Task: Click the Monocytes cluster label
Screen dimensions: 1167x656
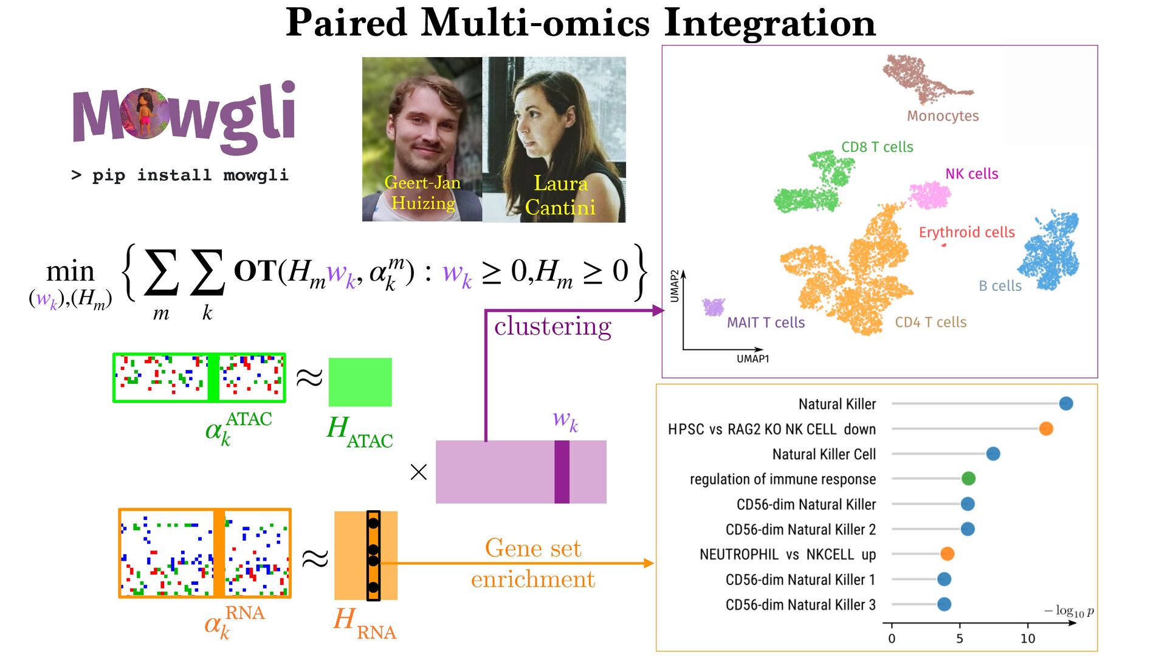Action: pyautogui.click(x=943, y=116)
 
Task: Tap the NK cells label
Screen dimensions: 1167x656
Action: pyautogui.click(x=971, y=174)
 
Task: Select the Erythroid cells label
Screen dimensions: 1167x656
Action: pyautogui.click(x=966, y=232)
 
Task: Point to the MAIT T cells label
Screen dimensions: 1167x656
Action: pyautogui.click(x=765, y=323)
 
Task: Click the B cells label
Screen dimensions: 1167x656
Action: pyautogui.click(x=1000, y=285)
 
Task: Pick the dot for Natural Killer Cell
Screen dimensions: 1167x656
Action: pyautogui.click(x=993, y=454)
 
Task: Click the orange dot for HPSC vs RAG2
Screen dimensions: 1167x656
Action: pyautogui.click(x=1045, y=429)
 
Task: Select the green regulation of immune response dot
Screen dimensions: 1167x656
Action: pyautogui.click(x=968, y=479)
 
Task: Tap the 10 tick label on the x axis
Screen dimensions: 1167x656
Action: pyautogui.click(x=1027, y=638)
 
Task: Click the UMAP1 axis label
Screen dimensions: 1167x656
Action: pyautogui.click(x=752, y=359)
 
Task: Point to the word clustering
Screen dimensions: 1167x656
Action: pyautogui.click(x=553, y=326)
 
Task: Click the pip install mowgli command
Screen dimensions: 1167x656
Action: pyautogui.click(x=180, y=176)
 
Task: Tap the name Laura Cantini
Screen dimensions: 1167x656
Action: pyautogui.click(x=560, y=195)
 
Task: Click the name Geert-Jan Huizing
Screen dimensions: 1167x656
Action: pyautogui.click(x=422, y=193)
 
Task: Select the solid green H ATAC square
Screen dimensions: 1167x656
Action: pyautogui.click(x=360, y=382)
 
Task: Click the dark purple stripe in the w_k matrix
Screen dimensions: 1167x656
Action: pyautogui.click(x=562, y=472)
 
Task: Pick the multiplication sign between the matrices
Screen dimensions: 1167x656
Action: pyautogui.click(x=419, y=472)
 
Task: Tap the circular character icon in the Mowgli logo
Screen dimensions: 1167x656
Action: pyautogui.click(x=145, y=114)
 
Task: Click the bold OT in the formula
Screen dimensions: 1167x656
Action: pyautogui.click(x=255, y=272)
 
